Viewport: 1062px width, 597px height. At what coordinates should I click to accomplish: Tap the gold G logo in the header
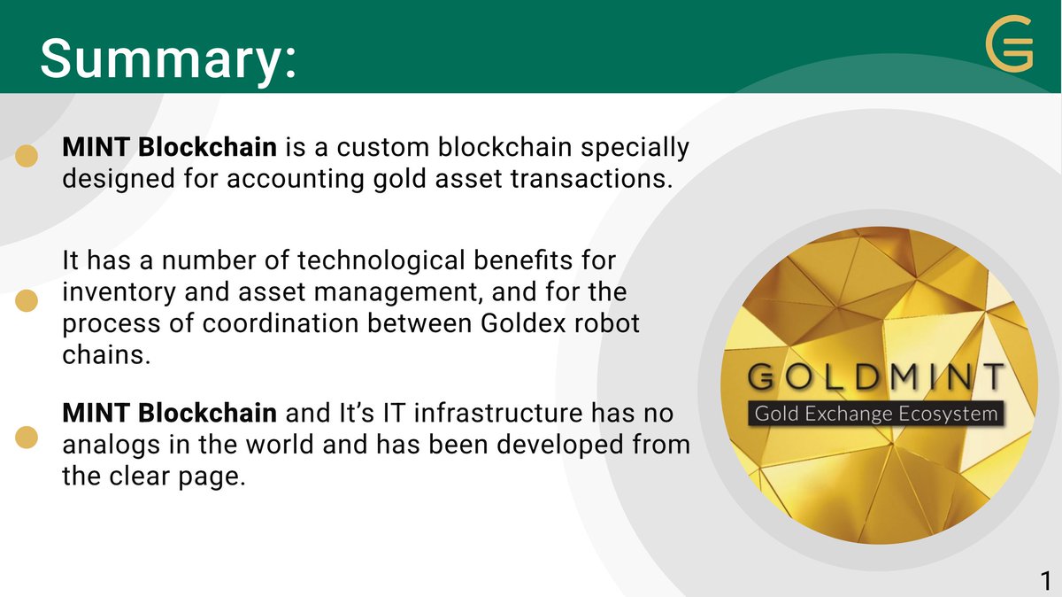tap(1010, 47)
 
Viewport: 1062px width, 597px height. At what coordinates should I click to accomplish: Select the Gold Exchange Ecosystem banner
tap(875, 414)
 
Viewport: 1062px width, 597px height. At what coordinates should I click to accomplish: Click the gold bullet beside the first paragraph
tap(28, 157)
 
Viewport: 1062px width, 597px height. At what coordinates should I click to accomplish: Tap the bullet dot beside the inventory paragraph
tap(28, 301)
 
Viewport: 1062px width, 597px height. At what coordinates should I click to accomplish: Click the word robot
tap(604, 323)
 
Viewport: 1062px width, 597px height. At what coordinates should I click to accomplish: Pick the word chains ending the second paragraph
tap(96, 354)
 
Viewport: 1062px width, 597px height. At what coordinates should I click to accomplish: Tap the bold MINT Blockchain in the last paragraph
tap(169, 413)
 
